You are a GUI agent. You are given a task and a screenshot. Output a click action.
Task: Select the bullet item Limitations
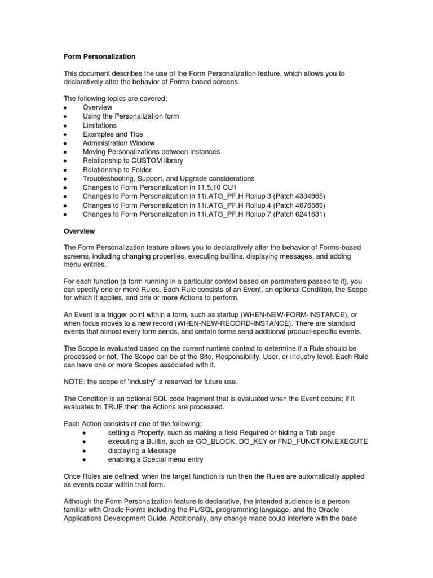100,125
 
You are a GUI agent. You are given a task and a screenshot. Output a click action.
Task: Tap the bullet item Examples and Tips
113,134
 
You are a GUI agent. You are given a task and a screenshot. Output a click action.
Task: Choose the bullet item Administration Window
120,143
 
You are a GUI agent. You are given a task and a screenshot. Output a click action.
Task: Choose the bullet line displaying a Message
142,450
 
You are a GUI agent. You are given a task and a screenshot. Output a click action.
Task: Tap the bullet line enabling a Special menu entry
154,459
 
